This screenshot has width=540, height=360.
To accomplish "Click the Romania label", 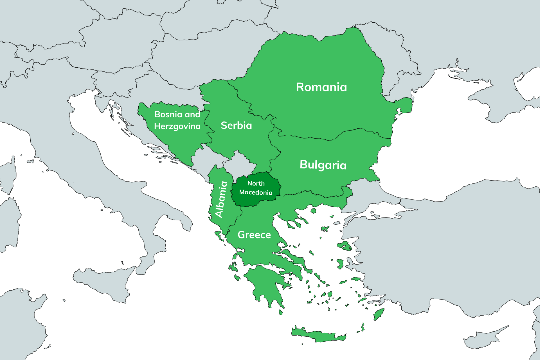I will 321,87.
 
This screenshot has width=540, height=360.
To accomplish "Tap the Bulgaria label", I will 323,165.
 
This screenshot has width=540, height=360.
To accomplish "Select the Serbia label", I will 236,125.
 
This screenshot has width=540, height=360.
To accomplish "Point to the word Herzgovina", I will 177,126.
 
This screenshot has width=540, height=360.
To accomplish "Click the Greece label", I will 254,235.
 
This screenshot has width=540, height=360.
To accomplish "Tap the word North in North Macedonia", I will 256,183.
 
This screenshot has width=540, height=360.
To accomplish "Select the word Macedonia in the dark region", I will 256,192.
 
